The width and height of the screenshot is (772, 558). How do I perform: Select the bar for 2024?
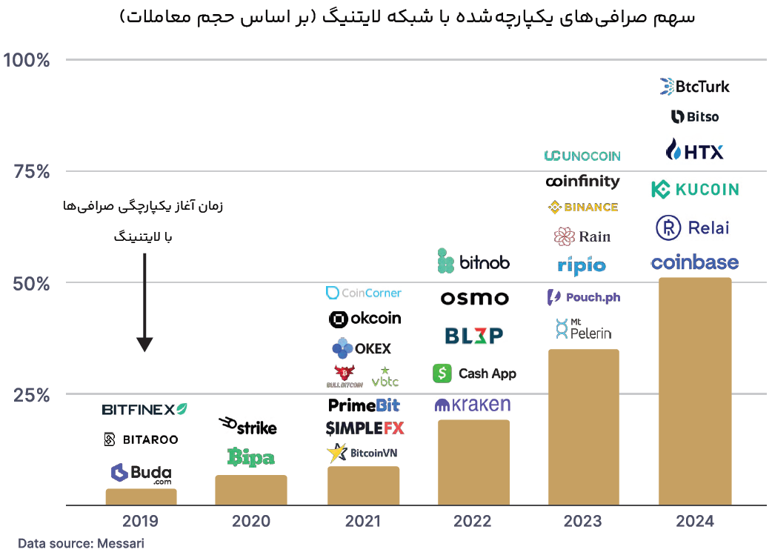(x=694, y=391)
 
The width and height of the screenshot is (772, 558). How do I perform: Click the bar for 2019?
(x=141, y=496)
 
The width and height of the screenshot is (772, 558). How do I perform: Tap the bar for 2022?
(x=473, y=462)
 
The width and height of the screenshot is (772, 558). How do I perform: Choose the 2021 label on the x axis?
(x=363, y=522)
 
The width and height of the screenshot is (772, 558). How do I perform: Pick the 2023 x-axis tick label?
(x=582, y=522)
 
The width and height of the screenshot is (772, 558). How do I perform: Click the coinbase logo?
(x=694, y=262)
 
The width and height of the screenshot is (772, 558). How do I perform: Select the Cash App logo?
(x=474, y=373)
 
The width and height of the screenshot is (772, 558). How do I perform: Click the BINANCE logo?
(x=582, y=207)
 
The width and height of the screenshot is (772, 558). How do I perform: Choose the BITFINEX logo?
(x=144, y=409)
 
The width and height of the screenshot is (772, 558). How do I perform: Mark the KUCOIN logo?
(x=694, y=189)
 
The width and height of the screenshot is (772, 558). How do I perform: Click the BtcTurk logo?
(x=694, y=87)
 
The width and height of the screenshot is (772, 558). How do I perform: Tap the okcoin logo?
(x=365, y=319)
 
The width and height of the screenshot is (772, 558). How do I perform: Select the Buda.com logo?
(x=141, y=473)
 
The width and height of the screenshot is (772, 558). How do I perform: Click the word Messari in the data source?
(x=120, y=544)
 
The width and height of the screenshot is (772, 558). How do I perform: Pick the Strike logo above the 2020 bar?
(x=248, y=426)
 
